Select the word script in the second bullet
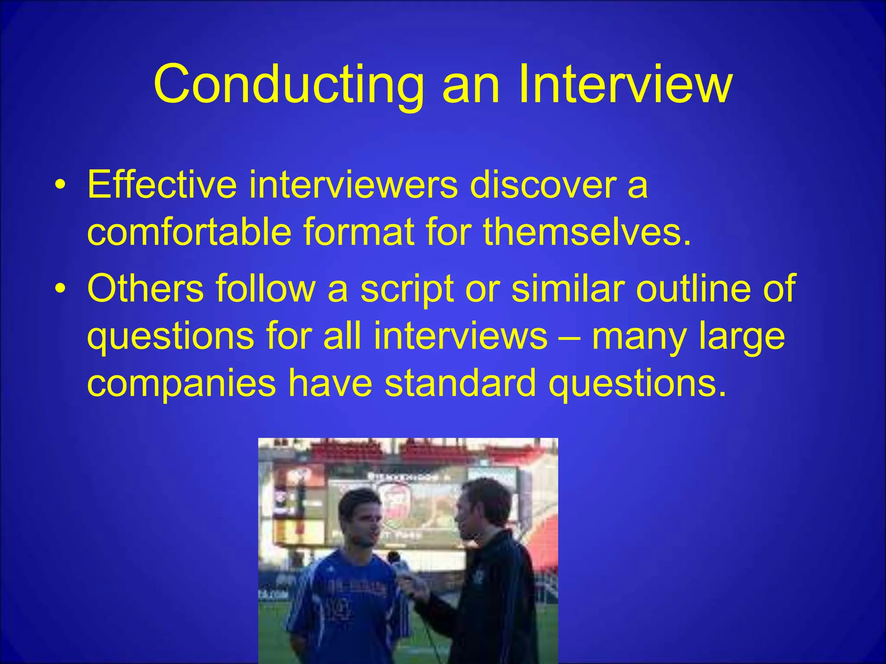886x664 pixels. pos(407,289)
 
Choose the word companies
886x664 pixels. pos(181,383)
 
